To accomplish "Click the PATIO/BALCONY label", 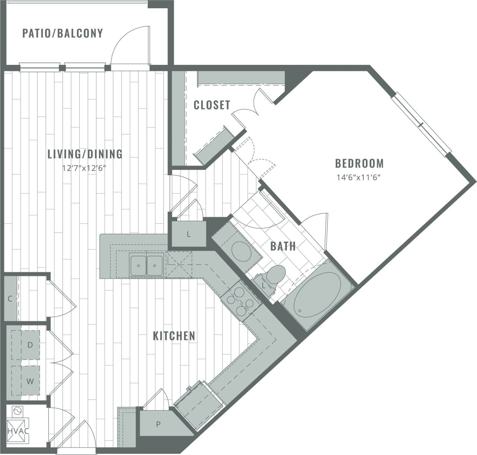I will point(62,33).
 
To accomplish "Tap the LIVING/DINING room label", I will point(85,154).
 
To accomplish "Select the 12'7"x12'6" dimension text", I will point(85,168).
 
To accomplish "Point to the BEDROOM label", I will point(359,163).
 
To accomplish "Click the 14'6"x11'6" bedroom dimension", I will point(359,178).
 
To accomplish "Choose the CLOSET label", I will point(212,105).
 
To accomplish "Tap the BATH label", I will point(283,246).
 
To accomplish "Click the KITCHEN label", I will point(174,336).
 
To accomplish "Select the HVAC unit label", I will point(18,431).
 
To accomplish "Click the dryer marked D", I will point(30,345).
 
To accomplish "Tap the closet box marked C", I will point(10,298).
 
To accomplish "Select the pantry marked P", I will point(158,424).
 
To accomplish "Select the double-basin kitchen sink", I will point(146,265).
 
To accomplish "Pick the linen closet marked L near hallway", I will point(189,234).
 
